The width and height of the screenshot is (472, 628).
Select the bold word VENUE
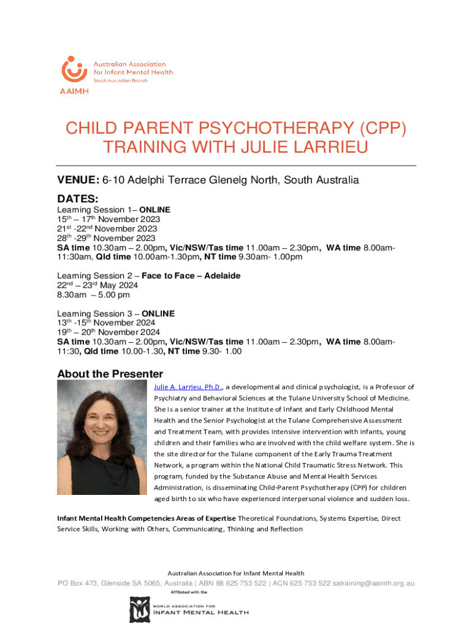[x=78, y=180]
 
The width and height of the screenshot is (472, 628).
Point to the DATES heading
[x=77, y=199]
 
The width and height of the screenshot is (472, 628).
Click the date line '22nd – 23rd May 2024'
[x=97, y=285]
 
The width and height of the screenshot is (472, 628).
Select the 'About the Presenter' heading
[x=110, y=373]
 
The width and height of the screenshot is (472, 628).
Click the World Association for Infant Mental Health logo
[x=189, y=610]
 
